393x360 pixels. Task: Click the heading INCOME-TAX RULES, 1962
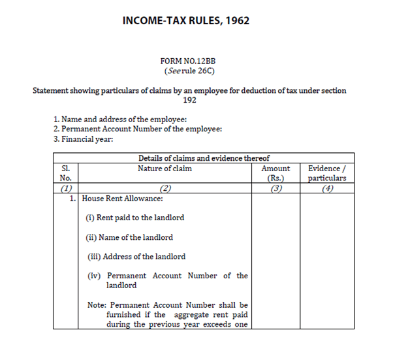coord(186,21)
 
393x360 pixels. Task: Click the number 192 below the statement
coord(189,100)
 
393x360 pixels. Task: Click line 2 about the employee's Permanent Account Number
coord(138,129)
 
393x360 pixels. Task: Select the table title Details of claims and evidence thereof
coord(204,158)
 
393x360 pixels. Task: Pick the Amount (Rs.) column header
coord(275,172)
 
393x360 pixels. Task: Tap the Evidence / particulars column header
coord(327,172)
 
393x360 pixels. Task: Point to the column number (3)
coord(275,189)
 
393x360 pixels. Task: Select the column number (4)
coord(327,189)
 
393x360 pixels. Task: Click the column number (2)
coord(165,189)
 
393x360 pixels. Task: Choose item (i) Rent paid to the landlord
coord(136,218)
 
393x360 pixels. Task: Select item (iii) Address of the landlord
coord(136,256)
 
